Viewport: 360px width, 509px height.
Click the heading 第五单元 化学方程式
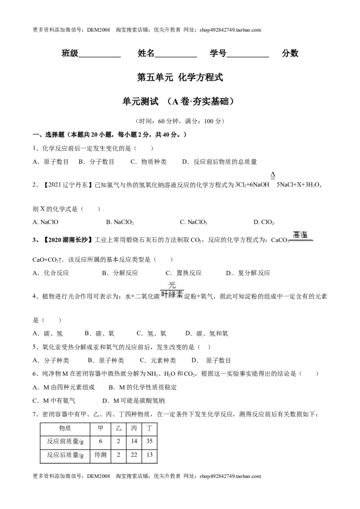180,78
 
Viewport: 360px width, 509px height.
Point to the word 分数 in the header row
290,53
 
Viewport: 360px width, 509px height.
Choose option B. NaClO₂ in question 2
120,223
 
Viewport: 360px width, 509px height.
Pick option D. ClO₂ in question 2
264,223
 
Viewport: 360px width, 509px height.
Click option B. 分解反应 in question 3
120,273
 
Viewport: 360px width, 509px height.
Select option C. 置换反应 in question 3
184,273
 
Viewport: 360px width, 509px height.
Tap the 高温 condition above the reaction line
300,235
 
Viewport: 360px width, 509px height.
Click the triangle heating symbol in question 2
273,176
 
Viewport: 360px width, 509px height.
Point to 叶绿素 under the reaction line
172,295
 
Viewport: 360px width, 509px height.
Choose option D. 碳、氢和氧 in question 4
207,333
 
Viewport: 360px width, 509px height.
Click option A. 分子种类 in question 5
51,360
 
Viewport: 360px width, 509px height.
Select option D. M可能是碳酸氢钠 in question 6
134,401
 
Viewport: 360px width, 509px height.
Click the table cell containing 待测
100,455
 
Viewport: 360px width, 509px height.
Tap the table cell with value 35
149,441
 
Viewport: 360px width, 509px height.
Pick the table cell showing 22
134,455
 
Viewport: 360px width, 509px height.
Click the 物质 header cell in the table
65,428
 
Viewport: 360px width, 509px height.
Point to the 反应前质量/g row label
65,441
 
